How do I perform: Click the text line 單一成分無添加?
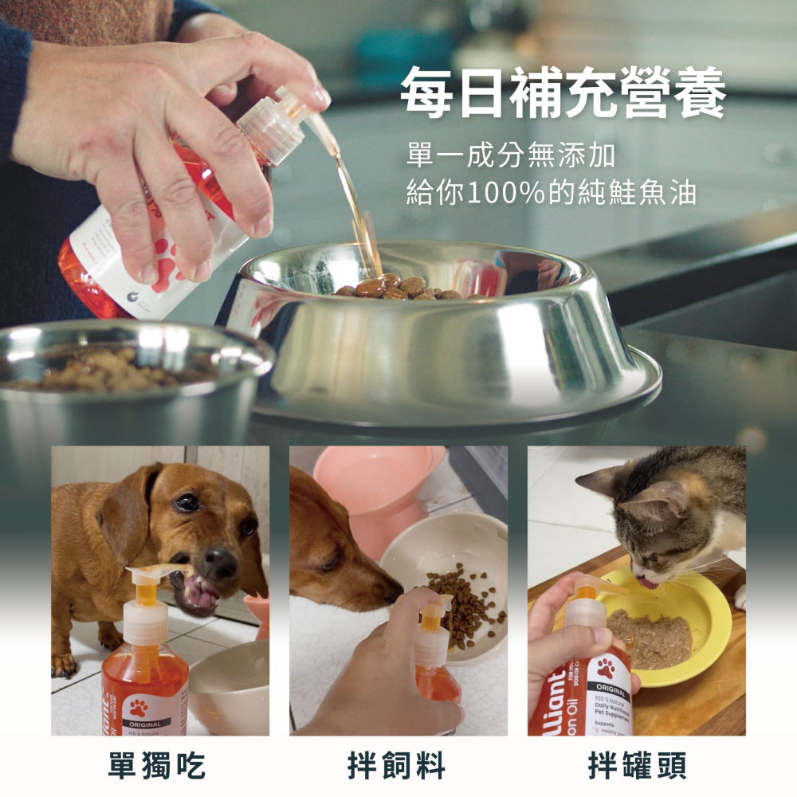(x=510, y=155)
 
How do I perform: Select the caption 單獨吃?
(x=158, y=766)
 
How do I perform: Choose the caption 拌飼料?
(x=397, y=766)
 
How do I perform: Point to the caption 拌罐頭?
(x=637, y=766)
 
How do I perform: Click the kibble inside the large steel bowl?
(x=398, y=288)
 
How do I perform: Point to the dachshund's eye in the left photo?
(x=187, y=502)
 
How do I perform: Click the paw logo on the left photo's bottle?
(x=139, y=707)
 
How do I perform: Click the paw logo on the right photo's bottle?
(x=606, y=668)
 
